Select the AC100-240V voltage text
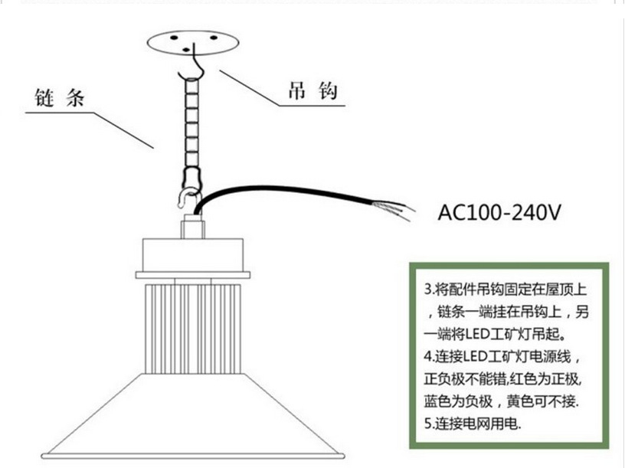click(x=499, y=211)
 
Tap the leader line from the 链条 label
click(x=123, y=129)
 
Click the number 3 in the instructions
click(x=427, y=292)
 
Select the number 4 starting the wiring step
click(x=427, y=358)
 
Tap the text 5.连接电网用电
click(x=472, y=424)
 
